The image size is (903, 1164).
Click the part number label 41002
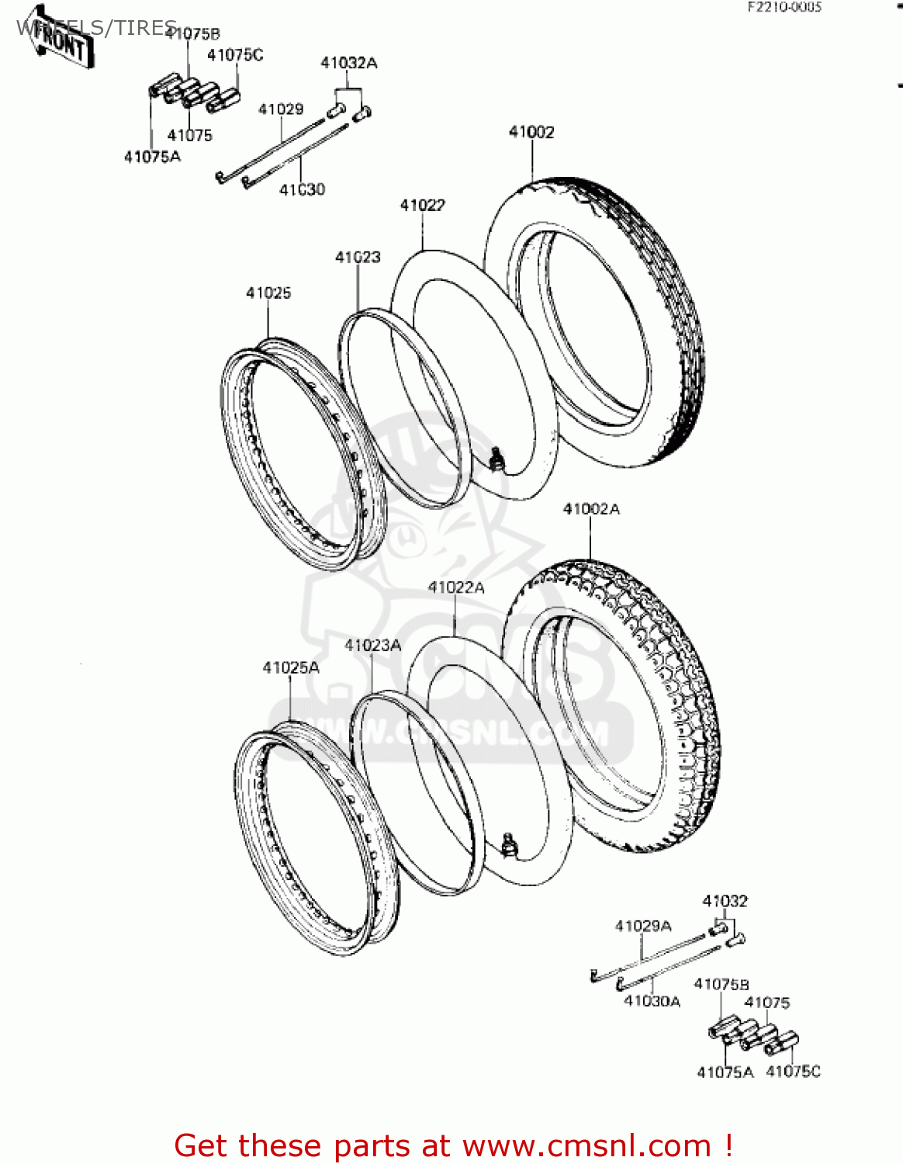click(x=531, y=133)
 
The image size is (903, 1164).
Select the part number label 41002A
click(x=591, y=509)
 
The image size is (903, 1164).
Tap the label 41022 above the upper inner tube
click(x=422, y=206)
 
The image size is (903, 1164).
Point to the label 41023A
click(x=372, y=646)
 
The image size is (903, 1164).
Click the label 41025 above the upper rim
click(x=268, y=293)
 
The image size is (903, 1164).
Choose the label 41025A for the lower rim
click(x=291, y=668)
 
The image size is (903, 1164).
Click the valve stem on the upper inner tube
click(x=496, y=459)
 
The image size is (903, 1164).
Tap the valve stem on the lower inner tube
click(x=509, y=844)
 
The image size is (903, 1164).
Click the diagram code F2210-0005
click(x=784, y=7)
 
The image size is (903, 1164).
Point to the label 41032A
click(x=349, y=63)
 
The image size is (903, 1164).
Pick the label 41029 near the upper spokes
click(x=281, y=109)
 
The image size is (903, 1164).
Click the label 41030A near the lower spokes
click(x=652, y=1002)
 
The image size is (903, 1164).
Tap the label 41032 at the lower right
click(x=725, y=901)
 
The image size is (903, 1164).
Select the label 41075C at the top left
click(x=235, y=55)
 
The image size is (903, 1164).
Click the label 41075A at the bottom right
click(x=725, y=1072)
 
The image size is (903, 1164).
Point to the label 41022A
click(x=456, y=588)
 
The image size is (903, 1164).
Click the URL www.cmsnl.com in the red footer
click(x=587, y=1145)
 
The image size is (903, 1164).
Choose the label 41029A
click(x=643, y=926)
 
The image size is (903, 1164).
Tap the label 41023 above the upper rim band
click(x=358, y=257)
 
